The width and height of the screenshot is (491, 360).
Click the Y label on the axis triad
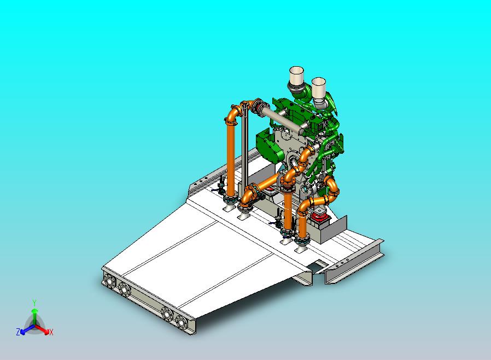coord(34,303)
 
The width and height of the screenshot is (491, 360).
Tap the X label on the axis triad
coord(51,332)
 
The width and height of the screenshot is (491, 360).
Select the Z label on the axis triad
coord(18,332)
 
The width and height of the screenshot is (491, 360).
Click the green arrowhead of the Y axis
coord(34,311)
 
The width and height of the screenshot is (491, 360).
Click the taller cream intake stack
coord(296,76)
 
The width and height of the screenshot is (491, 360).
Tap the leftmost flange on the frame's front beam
coord(110,281)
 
